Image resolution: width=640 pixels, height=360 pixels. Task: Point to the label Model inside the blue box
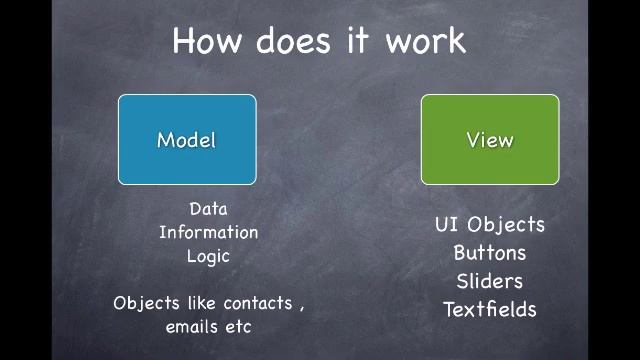[187, 140]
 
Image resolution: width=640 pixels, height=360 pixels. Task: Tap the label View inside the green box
[490, 140]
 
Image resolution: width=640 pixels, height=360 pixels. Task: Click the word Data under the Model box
[208, 209]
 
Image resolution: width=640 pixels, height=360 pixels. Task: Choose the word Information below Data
[208, 232]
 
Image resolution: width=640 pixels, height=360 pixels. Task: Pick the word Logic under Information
[208, 256]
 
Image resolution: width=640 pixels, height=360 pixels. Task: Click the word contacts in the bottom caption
[258, 303]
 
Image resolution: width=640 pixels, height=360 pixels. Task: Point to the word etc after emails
[238, 327]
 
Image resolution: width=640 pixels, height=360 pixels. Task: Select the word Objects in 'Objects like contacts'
[146, 303]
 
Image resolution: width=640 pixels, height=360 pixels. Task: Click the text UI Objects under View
[490, 225]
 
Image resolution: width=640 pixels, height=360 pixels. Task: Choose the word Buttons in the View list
[490, 253]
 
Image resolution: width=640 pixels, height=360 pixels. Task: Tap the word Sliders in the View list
[490, 281]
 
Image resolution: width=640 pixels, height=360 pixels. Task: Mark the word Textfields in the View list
[490, 309]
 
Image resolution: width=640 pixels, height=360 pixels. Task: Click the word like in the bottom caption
[201, 303]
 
